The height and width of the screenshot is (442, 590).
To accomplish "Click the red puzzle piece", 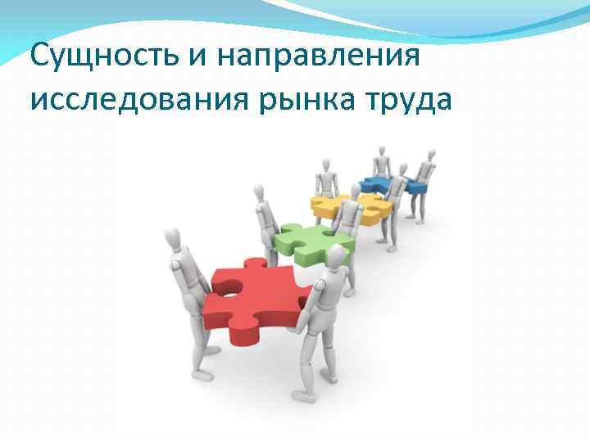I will (x=254, y=299).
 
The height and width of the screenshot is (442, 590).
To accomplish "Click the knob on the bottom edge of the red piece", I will (x=243, y=334).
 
